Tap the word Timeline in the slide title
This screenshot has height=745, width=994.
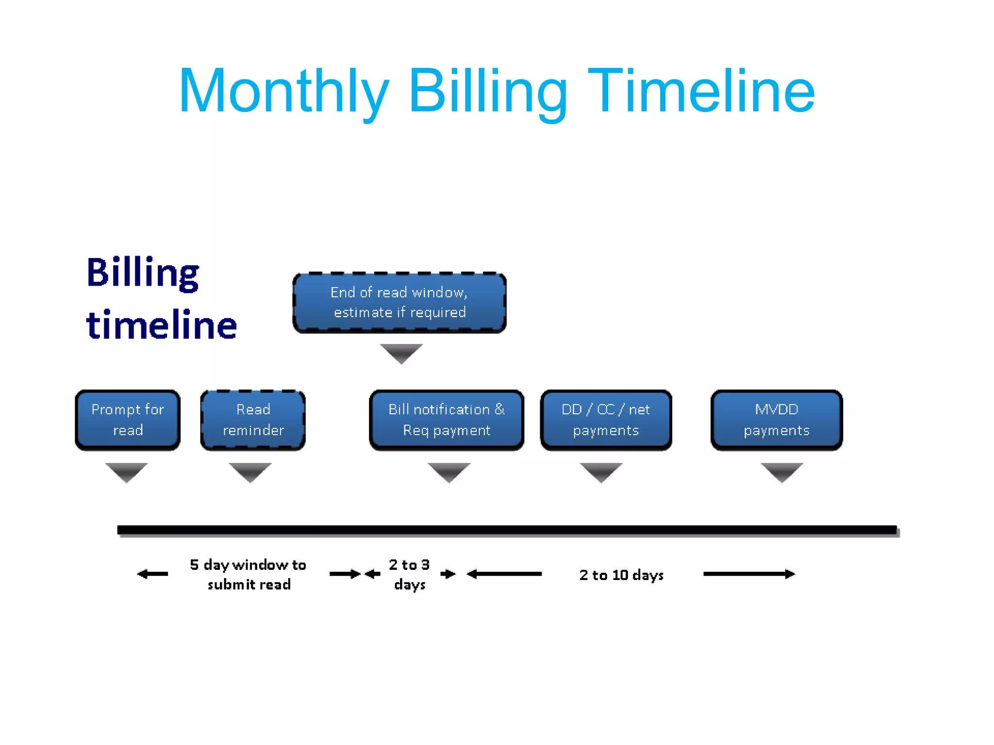click(701, 91)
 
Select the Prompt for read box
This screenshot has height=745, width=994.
click(128, 420)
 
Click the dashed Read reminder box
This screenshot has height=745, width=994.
click(253, 420)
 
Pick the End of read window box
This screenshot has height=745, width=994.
click(399, 303)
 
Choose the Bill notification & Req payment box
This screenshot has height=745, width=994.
click(447, 420)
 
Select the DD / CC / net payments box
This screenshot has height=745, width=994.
click(606, 420)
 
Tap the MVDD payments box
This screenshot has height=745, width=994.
click(777, 420)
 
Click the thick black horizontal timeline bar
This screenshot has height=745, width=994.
click(507, 530)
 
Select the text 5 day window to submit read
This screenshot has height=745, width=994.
click(248, 575)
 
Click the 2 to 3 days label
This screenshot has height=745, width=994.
click(410, 575)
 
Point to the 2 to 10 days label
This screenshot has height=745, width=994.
click(621, 575)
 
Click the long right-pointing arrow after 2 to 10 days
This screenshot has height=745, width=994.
click(749, 574)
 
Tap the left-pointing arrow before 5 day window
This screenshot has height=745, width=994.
click(152, 574)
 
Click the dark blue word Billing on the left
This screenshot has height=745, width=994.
click(143, 273)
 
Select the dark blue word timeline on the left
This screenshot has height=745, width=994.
click(161, 324)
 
